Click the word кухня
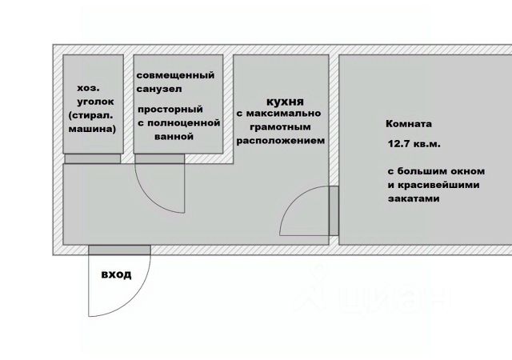285,103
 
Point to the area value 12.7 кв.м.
412,144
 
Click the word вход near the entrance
116,275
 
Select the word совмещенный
175,75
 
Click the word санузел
158,90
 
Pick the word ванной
176,137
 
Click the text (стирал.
93,117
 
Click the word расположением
280,139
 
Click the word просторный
169,110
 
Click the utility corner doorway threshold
94,158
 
